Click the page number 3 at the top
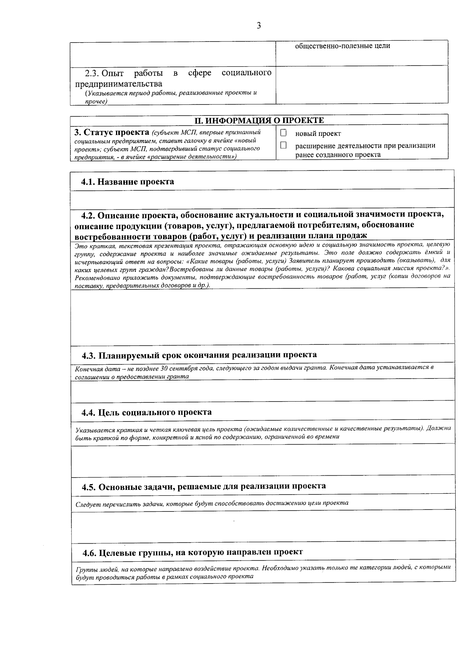(259, 26)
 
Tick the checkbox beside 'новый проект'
(284, 133)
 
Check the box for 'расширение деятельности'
(284, 146)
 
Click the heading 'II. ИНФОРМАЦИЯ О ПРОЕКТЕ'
(259, 120)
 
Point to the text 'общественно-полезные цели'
(342, 46)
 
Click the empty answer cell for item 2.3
(362, 84)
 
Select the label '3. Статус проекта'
(111, 132)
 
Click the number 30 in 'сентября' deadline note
(164, 368)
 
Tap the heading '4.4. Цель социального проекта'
(146, 412)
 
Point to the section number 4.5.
(89, 486)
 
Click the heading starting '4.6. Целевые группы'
(193, 552)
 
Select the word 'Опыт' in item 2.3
(113, 73)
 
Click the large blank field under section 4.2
(261, 317)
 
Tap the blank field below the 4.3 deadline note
(261, 391)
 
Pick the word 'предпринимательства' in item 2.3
(118, 84)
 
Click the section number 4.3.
(89, 355)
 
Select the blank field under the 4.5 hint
(261, 527)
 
